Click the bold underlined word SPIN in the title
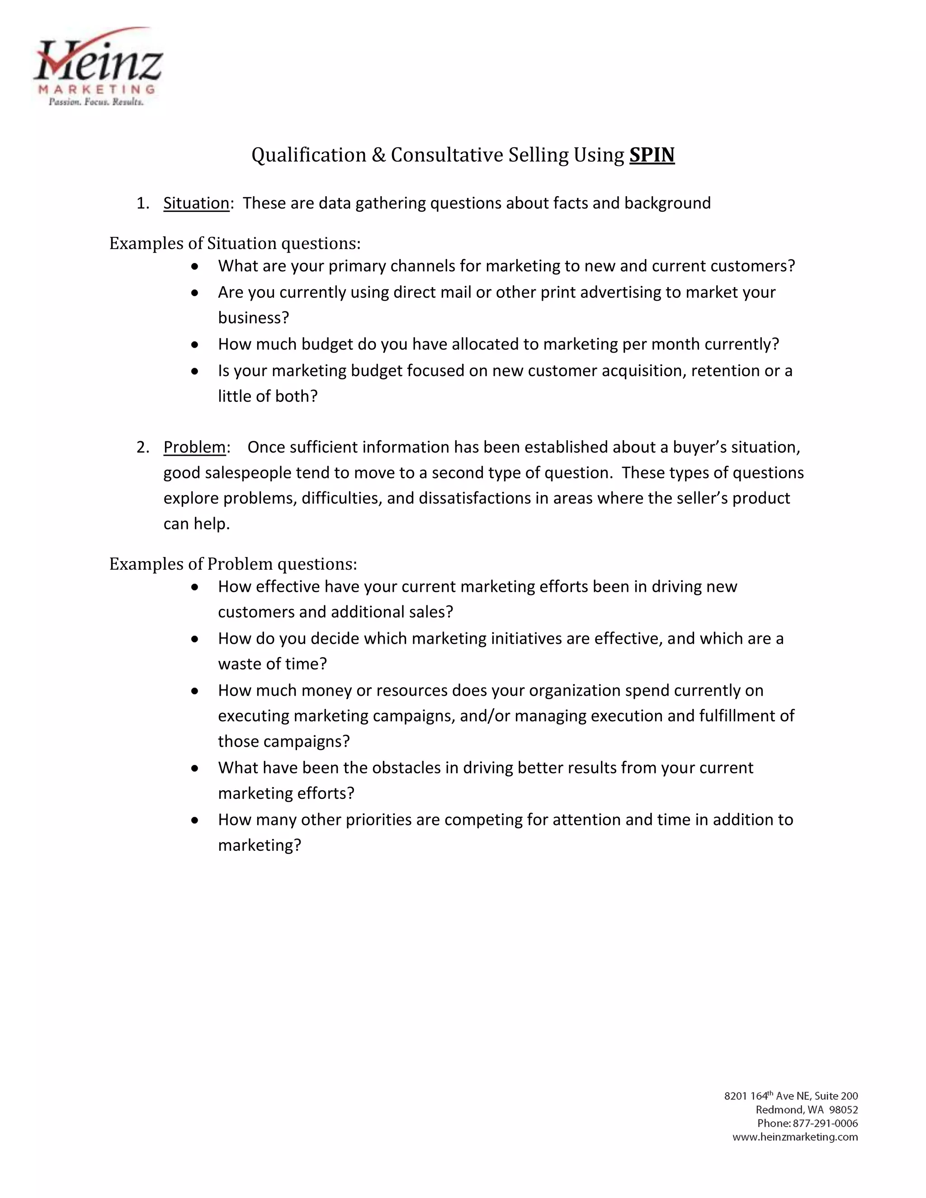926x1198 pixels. [652, 155]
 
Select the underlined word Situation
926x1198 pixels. [196, 203]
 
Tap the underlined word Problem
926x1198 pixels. [194, 448]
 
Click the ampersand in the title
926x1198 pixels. [378, 155]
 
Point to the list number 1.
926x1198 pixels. [142, 203]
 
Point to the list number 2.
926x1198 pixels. [142, 448]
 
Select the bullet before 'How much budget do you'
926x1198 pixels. [195, 345]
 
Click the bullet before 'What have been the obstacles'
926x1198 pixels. [195, 769]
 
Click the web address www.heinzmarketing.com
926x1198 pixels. [795, 1137]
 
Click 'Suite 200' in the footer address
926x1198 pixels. [836, 1096]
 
